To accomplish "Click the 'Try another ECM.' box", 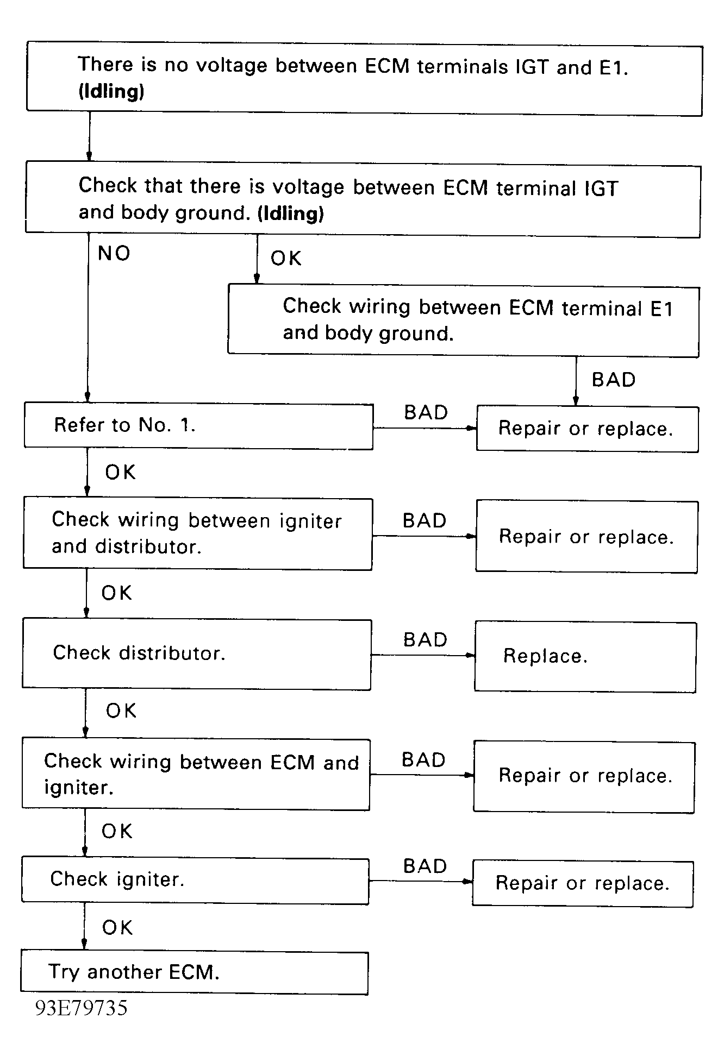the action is [194, 972].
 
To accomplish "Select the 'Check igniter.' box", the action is [195, 880].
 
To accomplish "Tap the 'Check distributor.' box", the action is [197, 655].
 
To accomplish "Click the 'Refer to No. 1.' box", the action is [198, 426].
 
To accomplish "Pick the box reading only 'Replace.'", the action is [585, 657].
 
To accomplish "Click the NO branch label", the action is [114, 254].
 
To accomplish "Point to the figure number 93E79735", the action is [82, 1008].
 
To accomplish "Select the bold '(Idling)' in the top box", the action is [111, 91].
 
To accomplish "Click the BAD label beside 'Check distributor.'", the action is [425, 640].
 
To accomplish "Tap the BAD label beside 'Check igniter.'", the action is [425, 866].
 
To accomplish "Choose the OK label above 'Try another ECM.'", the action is [117, 928].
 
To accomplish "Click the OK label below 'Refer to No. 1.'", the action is [120, 473].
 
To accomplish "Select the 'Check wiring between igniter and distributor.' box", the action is [198, 534].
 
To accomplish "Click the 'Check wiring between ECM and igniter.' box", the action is [196, 775].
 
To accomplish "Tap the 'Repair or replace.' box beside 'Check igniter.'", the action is [583, 883].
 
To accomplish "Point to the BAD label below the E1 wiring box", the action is [614, 380].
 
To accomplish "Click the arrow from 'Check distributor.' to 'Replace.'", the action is [423, 655].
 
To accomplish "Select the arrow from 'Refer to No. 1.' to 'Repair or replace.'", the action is [425, 428].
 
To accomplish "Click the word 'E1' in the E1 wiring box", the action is [661, 309].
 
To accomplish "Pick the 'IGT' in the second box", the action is [601, 189].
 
